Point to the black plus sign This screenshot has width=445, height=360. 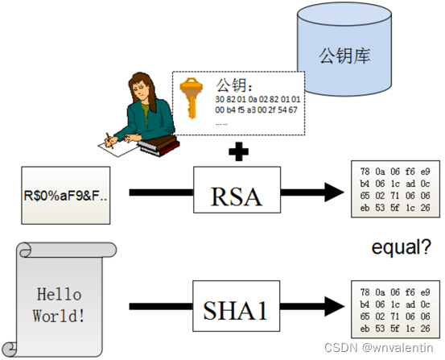(238, 151)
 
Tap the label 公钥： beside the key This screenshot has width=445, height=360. (235, 84)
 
